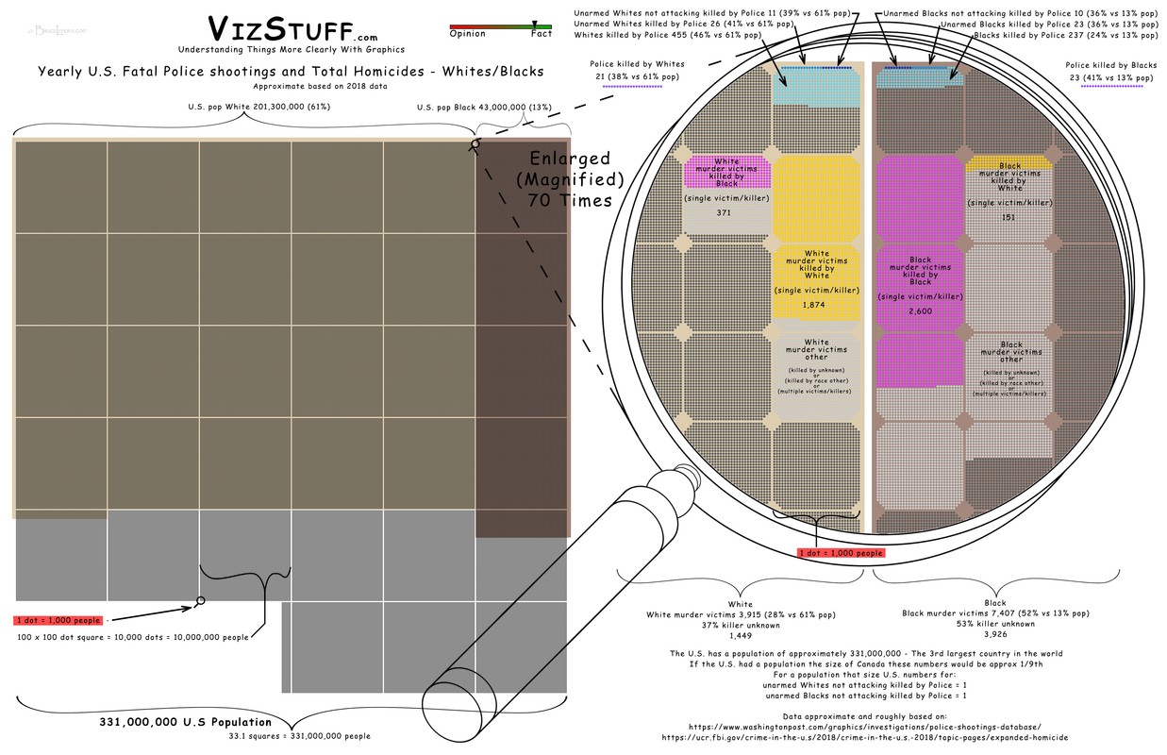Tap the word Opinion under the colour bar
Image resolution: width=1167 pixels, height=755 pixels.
(468, 34)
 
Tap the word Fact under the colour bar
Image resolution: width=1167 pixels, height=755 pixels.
(541, 34)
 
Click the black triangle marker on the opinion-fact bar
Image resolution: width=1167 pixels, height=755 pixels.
(535, 24)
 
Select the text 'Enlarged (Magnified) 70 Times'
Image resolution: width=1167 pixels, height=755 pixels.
(570, 178)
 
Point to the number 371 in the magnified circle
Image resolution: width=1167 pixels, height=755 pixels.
(724, 213)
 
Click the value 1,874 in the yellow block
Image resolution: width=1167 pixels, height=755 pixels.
(816, 306)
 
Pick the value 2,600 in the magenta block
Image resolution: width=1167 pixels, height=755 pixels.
(920, 310)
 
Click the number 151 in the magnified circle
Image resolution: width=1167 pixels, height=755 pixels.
(1009, 218)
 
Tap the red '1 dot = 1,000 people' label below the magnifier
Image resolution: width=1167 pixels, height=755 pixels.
(842, 553)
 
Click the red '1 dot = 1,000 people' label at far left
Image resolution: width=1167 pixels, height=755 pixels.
(58, 620)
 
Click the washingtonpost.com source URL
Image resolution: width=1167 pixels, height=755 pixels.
(864, 727)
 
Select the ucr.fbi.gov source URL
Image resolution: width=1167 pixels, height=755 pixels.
(864, 738)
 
